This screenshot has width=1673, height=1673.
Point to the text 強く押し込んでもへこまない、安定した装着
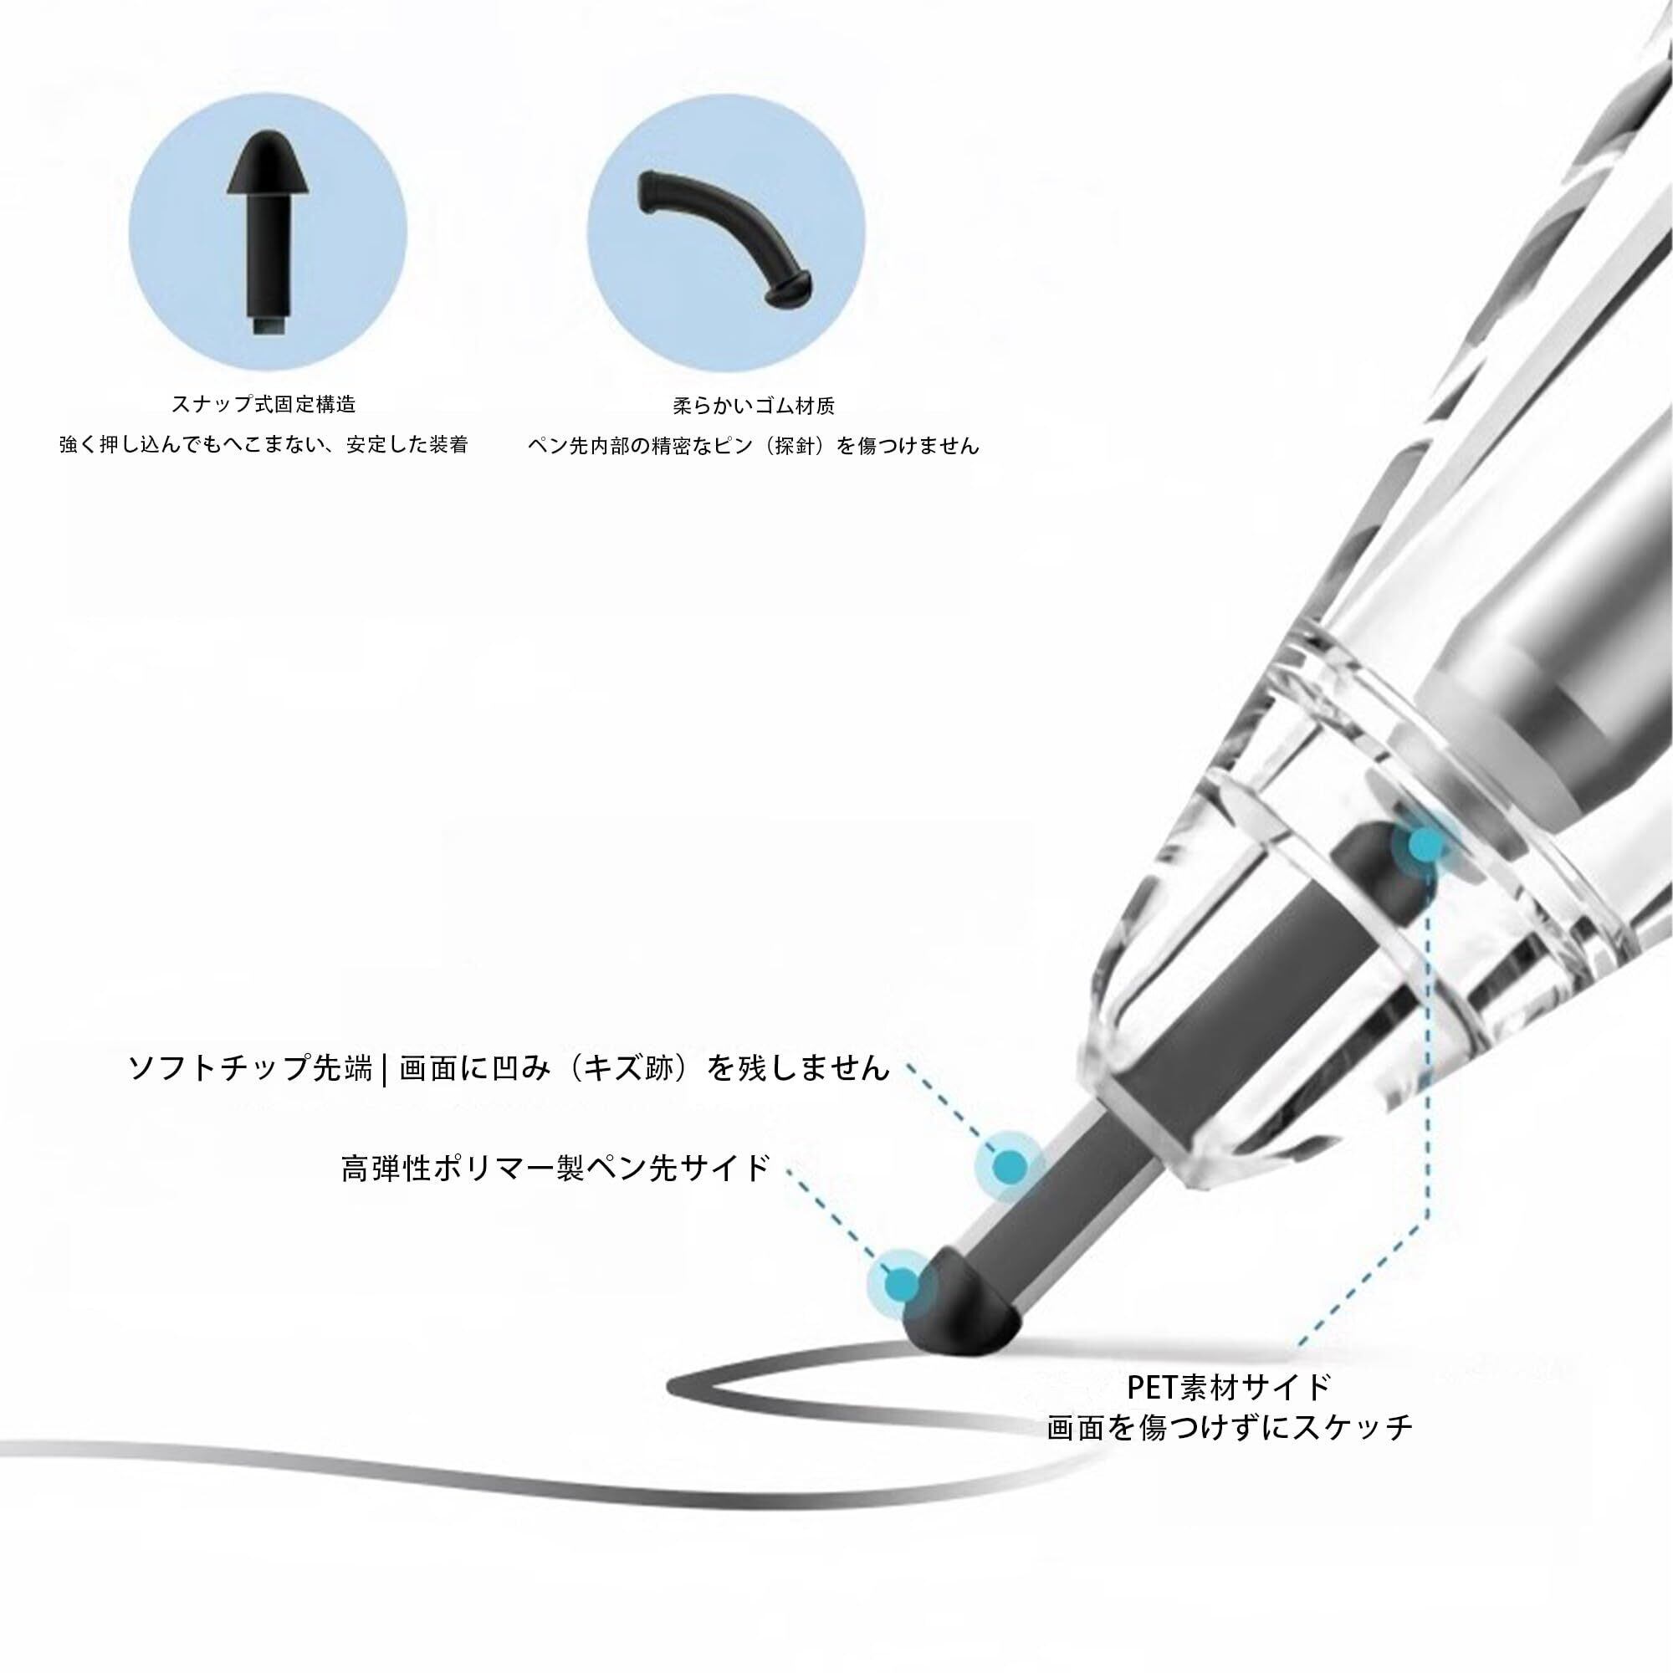tap(264, 445)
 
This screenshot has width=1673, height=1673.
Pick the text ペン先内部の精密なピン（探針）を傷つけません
tap(754, 446)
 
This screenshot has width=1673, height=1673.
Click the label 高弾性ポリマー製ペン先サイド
tap(555, 1169)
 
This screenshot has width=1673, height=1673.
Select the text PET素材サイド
tap(1229, 1387)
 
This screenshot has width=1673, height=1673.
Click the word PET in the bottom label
tap(1154, 1387)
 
